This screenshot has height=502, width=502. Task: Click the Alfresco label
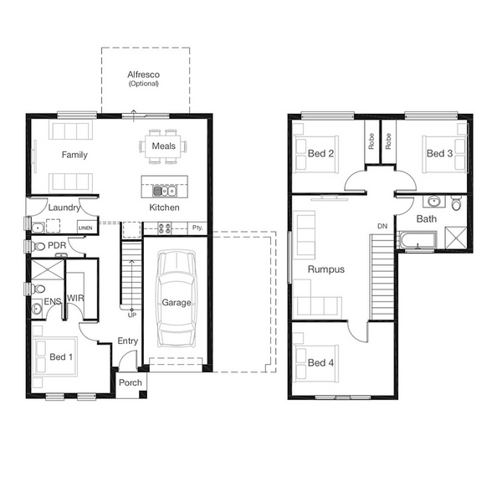(x=143, y=74)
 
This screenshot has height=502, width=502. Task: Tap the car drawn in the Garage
(x=176, y=299)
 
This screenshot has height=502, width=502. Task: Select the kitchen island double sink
(x=164, y=191)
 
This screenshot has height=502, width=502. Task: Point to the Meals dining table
(x=163, y=146)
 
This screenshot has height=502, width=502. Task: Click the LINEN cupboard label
(x=85, y=228)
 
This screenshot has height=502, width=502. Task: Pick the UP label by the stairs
(x=132, y=315)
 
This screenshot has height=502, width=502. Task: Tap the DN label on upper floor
(x=382, y=226)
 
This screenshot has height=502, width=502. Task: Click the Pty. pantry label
(x=197, y=228)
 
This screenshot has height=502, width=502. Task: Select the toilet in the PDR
(x=38, y=246)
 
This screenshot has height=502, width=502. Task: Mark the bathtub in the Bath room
(x=417, y=240)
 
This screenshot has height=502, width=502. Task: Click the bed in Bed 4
(x=316, y=363)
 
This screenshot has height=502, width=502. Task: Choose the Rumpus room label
(x=326, y=269)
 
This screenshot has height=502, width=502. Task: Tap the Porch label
(x=131, y=382)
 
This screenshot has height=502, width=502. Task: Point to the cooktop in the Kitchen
(x=164, y=228)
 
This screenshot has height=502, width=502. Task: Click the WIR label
(x=75, y=298)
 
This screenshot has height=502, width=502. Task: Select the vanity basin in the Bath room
(x=433, y=202)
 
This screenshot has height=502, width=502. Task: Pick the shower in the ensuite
(x=48, y=270)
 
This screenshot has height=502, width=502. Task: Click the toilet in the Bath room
(x=456, y=203)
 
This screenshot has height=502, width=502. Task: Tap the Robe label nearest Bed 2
(x=371, y=141)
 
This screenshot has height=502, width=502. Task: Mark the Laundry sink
(x=38, y=228)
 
